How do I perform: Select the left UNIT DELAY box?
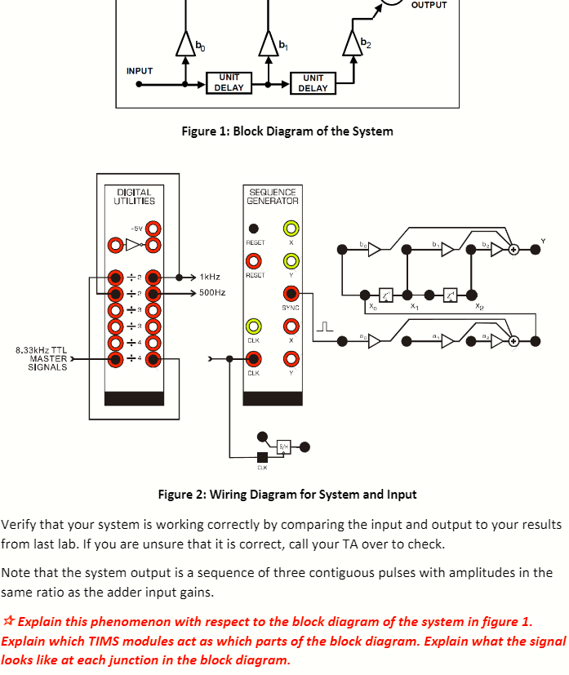click(x=229, y=82)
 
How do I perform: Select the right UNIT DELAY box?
click(x=313, y=82)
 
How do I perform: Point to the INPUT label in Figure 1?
click(x=140, y=71)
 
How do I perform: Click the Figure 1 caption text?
click(x=288, y=131)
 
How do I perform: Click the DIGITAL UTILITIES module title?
click(x=135, y=196)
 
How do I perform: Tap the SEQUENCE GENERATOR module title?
click(x=273, y=196)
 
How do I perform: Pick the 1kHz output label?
click(x=210, y=278)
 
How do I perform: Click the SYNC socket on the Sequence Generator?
click(x=290, y=293)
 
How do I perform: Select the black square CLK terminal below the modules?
click(x=262, y=456)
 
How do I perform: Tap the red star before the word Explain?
click(x=8, y=622)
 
